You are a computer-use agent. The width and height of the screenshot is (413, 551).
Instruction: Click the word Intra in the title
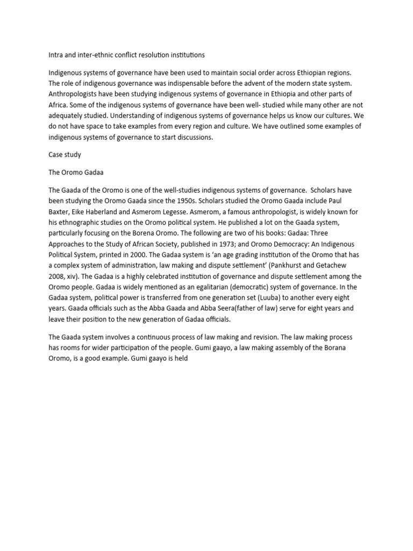tap(56, 54)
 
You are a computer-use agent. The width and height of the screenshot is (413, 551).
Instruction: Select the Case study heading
tap(65, 154)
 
